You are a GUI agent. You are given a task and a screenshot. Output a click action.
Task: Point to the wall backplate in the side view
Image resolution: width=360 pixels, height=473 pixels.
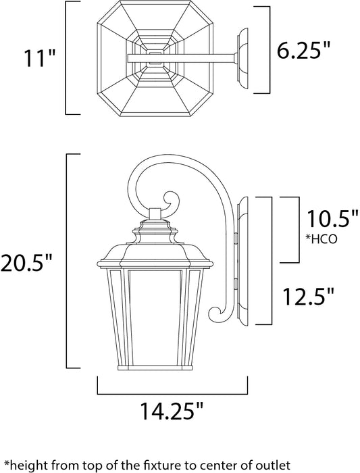(244, 264)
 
